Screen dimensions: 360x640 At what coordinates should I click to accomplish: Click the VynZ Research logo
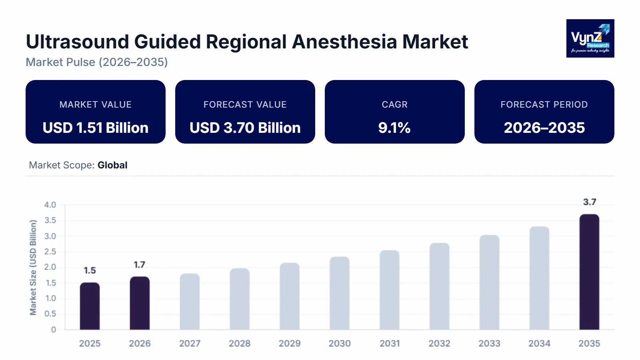click(590, 38)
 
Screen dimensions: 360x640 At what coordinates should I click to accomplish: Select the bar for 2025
click(90, 306)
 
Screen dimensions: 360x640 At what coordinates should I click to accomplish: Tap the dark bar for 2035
click(589, 272)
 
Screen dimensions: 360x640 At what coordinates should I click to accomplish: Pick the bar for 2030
click(340, 293)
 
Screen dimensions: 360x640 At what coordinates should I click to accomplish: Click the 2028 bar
click(240, 299)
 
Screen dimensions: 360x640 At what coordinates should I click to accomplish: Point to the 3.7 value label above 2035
click(589, 202)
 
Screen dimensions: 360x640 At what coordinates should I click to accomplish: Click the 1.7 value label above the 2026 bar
click(139, 265)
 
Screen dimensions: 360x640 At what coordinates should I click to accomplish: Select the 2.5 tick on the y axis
click(50, 252)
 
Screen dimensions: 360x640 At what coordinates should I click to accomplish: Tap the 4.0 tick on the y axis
click(50, 205)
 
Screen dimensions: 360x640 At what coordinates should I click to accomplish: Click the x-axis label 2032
click(439, 343)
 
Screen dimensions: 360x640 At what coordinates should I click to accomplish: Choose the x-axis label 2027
click(190, 343)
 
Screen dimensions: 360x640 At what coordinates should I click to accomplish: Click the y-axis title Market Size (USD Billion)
click(33, 267)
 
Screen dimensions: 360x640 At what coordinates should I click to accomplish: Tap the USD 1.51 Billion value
click(96, 128)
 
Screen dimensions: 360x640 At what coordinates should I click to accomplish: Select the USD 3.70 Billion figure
click(245, 128)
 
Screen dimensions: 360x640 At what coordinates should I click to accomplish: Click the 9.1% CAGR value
click(394, 128)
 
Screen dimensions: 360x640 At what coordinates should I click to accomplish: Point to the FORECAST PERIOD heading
click(544, 104)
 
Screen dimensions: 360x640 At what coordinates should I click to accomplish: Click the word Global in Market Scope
click(112, 165)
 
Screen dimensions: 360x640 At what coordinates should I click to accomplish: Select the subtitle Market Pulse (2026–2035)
click(97, 62)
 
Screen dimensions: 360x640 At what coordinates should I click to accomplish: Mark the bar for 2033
click(489, 282)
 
